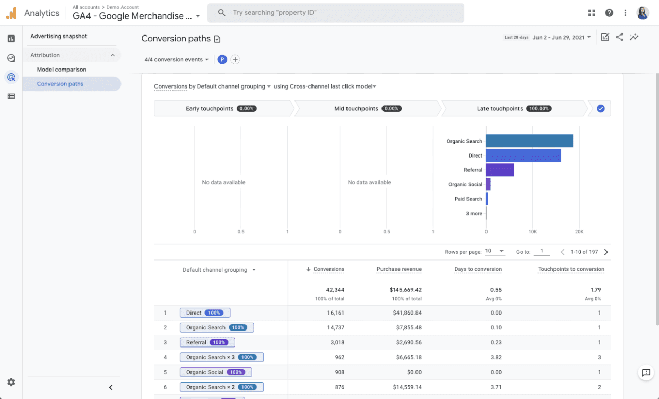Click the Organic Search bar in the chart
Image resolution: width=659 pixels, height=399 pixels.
coord(529,141)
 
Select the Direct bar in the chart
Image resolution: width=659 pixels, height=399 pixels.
coord(523,155)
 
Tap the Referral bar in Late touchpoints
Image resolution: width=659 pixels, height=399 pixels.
coord(500,170)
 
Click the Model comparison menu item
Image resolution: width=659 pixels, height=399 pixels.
coord(62,70)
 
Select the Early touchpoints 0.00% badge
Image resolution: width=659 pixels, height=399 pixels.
coord(247,109)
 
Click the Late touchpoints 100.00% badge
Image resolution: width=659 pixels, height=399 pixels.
coord(539,109)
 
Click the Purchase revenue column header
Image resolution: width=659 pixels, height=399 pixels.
coord(399,269)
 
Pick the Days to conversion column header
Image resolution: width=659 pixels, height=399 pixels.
coord(478,269)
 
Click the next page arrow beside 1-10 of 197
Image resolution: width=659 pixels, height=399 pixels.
coord(606,252)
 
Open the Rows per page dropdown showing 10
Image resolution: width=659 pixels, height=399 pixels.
coord(495,252)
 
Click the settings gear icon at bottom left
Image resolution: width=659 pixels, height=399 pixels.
coord(11,382)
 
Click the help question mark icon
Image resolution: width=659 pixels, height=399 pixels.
coord(609,13)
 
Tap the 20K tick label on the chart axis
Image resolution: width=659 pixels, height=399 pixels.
coord(579,232)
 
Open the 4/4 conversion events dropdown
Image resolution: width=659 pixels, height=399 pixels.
coord(177,60)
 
